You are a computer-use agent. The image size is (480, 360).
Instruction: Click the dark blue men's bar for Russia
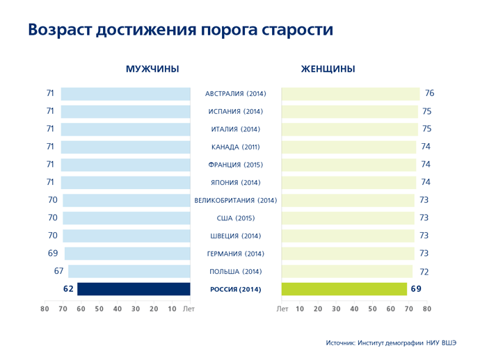coord(134,289)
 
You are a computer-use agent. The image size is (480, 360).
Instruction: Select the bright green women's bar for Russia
coord(344,289)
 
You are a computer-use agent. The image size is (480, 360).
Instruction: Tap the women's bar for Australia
coord(351,94)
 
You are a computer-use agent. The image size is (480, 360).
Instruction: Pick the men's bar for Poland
coord(129,271)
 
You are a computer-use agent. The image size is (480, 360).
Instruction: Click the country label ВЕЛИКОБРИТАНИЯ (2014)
coord(236,200)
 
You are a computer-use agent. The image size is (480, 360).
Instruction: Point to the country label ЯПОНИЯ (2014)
coord(236,183)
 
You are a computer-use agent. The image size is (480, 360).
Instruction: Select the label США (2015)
coord(236,218)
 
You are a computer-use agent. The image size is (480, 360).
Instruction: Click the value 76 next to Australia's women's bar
coord(429,93)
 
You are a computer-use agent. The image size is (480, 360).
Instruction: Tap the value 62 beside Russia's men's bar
coord(68,288)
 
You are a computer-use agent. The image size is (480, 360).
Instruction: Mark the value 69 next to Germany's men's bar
coord(53,253)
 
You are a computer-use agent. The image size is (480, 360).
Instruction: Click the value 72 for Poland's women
coord(424,272)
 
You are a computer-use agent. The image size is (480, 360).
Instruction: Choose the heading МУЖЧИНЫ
coord(152,69)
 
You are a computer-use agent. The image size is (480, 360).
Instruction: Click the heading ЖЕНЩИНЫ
coord(328,69)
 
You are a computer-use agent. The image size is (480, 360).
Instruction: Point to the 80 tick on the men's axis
coord(45,309)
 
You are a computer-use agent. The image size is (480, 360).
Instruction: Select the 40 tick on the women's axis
coord(354,309)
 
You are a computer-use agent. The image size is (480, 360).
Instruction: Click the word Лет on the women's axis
coord(282,309)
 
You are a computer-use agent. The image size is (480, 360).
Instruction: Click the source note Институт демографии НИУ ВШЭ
coord(407,343)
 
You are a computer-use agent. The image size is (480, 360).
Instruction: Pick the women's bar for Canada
coord(349,147)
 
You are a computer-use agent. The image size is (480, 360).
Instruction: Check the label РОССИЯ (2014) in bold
coord(236,289)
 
